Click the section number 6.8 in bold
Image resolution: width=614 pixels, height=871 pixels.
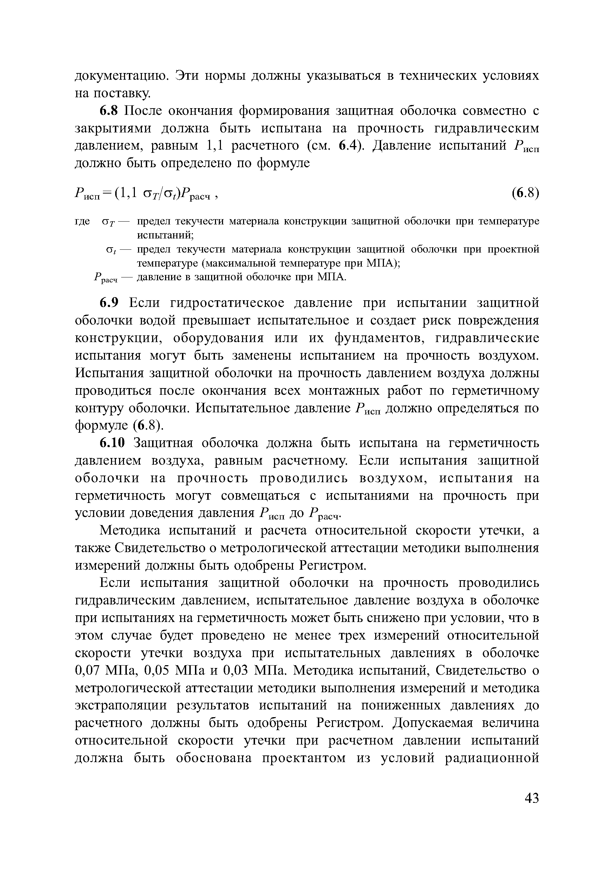click(110, 111)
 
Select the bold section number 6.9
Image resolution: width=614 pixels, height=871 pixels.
click(110, 303)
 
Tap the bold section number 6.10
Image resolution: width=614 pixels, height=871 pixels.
click(112, 443)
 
